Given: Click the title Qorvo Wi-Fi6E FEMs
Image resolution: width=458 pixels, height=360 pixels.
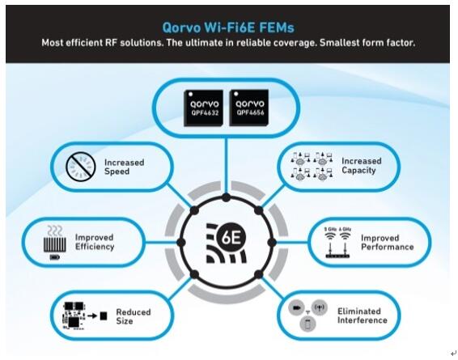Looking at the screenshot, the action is (228, 28).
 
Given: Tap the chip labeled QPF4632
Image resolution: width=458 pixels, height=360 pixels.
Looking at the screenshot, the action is (204, 108).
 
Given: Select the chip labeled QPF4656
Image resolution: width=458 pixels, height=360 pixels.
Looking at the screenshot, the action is (249, 108).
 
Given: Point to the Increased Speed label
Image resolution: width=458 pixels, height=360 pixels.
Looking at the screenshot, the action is (124, 167).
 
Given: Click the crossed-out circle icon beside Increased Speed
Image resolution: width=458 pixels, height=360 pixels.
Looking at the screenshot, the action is (81, 167).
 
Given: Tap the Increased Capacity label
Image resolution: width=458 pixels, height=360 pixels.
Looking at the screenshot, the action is (362, 166).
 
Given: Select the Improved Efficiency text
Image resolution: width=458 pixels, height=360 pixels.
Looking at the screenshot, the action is (95, 242).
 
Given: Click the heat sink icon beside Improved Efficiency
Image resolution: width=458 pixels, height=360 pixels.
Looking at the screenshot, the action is (55, 239).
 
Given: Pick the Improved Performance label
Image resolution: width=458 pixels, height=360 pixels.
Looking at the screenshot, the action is (388, 243).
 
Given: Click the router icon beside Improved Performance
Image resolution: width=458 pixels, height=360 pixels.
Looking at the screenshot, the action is (337, 243).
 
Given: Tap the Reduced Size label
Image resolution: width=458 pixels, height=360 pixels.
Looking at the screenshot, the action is (134, 316).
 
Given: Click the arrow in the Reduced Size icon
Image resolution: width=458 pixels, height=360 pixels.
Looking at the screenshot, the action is (92, 316).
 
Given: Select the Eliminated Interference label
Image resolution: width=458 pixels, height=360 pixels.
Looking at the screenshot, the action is (363, 316).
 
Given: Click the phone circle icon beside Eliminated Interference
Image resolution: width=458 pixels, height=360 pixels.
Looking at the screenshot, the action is (307, 324).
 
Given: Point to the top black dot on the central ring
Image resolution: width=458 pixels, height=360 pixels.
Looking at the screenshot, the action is (226, 197).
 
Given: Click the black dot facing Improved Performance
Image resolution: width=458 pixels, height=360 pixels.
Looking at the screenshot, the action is (272, 243).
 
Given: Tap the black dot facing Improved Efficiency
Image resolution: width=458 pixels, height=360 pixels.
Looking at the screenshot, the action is (180, 243).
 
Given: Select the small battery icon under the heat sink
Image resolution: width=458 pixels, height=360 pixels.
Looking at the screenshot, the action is (55, 257).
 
